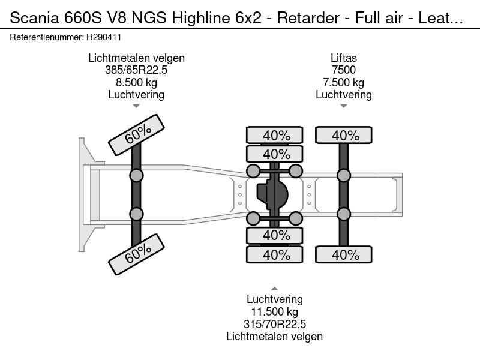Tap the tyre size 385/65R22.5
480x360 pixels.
point(136,70)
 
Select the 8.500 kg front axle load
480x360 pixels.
point(136,82)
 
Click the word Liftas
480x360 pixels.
point(344,58)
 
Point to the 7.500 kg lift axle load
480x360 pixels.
point(344,82)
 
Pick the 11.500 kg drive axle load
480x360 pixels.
point(274,312)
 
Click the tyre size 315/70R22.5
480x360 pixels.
point(274,324)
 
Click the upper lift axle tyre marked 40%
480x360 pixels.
point(344,136)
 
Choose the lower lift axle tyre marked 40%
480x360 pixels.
point(344,254)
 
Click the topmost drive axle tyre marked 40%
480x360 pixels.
point(276,136)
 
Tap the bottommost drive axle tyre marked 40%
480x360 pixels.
point(276,254)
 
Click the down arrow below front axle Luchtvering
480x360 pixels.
point(136,106)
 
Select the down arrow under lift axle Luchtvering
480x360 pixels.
point(344,106)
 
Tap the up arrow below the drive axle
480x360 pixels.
point(274,289)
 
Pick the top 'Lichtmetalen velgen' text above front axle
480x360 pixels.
point(136,58)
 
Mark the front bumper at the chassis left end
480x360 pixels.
point(83,195)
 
